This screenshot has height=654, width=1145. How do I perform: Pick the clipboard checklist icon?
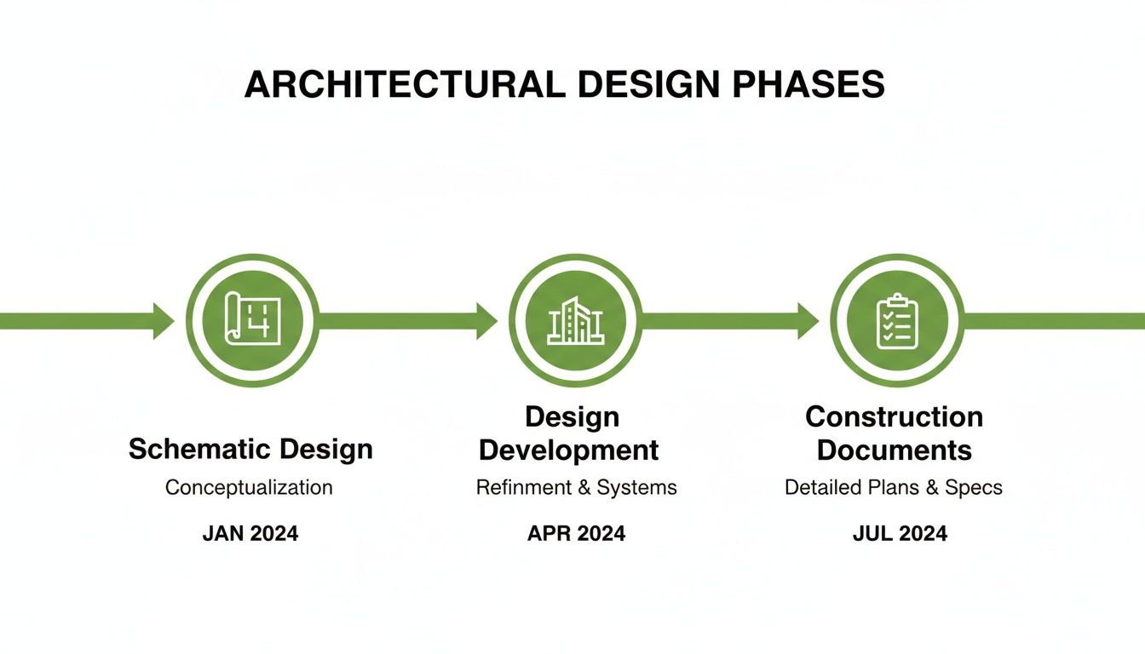897,320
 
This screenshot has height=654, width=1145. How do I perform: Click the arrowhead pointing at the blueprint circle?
164,320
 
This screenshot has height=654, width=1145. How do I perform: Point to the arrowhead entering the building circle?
486,320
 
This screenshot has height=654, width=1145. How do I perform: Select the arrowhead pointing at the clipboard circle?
808,320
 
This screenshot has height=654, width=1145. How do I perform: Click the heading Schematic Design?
250,449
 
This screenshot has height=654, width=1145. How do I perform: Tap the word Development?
569,450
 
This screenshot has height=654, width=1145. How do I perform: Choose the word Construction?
894,416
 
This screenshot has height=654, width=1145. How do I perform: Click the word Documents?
894,450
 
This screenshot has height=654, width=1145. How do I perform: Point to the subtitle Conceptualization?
249,488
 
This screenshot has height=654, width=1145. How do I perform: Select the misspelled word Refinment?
522,488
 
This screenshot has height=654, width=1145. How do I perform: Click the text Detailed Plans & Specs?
893,488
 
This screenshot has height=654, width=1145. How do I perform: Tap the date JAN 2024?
250,534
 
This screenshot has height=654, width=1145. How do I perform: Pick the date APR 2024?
576,534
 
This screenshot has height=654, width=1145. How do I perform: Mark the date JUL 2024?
900,534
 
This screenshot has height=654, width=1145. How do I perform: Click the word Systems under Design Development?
636,488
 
